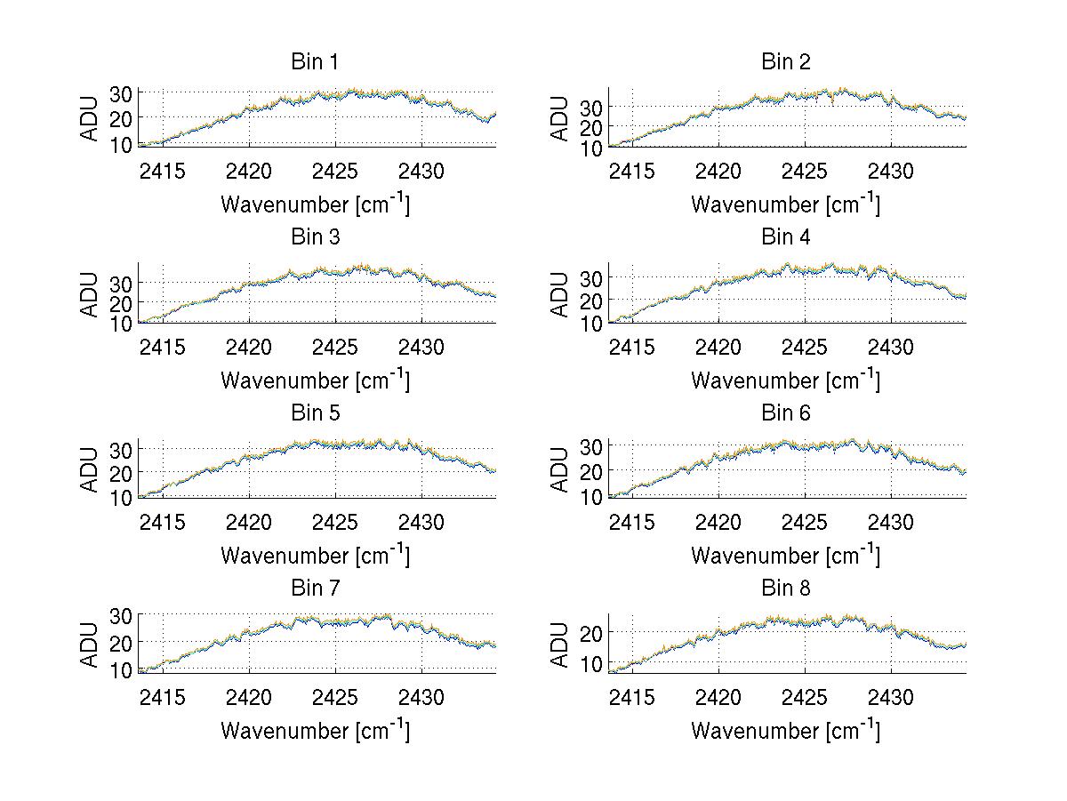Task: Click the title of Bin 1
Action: coord(315,62)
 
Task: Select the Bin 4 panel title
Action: coord(786,237)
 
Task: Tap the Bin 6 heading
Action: coord(786,413)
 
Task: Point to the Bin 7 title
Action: coord(315,589)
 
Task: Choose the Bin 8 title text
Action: coord(786,589)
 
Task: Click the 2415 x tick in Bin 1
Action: coord(162,172)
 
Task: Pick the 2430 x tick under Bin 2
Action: coord(892,172)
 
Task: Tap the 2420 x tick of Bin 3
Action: coord(249,347)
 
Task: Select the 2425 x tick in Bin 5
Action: coord(335,522)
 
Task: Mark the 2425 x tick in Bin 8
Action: coord(806,698)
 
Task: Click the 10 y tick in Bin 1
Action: coord(121,145)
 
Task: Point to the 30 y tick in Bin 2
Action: coord(591,107)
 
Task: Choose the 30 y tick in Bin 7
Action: coord(121,614)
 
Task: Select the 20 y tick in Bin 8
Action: coord(591,632)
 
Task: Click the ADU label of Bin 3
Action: coord(91,294)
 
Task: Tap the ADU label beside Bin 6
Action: coord(561,469)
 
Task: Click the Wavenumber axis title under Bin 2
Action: coord(786,204)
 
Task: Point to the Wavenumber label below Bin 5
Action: coord(315,556)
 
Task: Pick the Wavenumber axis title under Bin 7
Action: coord(315,731)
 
